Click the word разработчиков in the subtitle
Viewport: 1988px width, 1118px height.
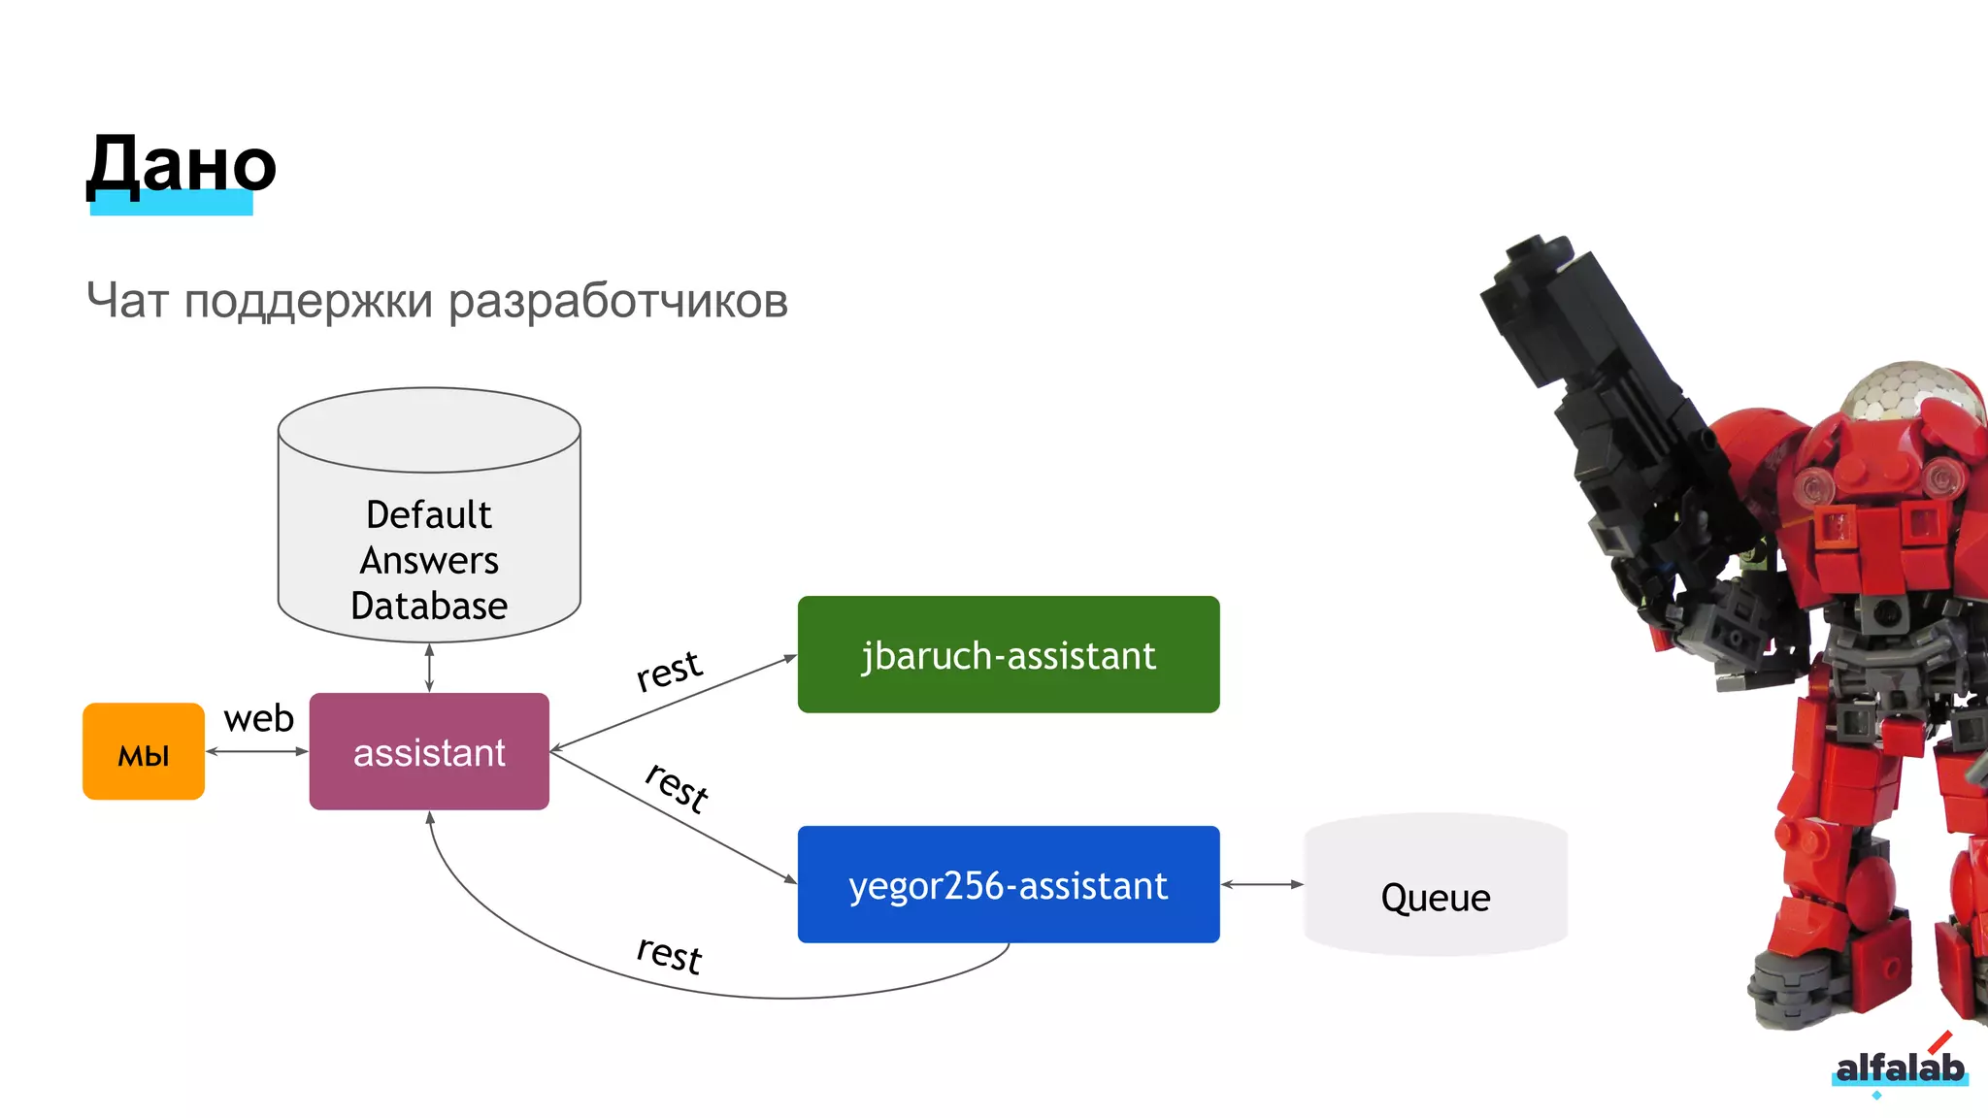pos(617,301)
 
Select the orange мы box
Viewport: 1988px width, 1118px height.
pos(144,752)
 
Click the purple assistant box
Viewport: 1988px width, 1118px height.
pos(429,752)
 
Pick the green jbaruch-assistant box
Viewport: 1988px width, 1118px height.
pos(1008,655)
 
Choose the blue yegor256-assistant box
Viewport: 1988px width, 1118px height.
pos(1008,885)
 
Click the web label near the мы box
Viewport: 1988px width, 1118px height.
pos(258,719)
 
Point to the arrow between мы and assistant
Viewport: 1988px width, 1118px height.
pos(256,751)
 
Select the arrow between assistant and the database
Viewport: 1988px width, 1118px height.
pos(429,668)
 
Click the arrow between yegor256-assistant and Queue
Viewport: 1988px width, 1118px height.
pos(1262,884)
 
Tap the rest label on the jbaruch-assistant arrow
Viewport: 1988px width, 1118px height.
pos(669,671)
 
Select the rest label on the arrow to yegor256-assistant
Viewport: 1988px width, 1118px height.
pos(677,785)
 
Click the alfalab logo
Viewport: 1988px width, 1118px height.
pos(1899,1068)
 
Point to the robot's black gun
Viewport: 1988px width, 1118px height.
pos(1592,369)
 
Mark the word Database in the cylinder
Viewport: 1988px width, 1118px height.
pos(429,606)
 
